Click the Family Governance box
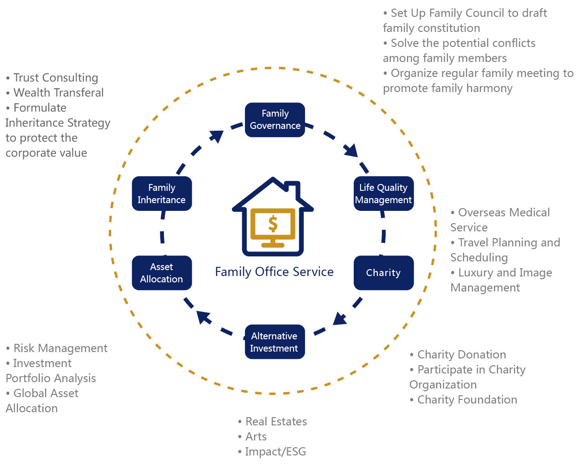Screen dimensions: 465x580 point(275,120)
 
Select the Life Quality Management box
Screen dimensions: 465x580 point(383,194)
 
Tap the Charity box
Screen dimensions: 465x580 point(383,273)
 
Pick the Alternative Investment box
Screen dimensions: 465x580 point(275,342)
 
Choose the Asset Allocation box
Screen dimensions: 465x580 point(162,273)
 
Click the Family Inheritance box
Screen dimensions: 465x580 point(162,194)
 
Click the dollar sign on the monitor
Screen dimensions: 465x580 point(273,224)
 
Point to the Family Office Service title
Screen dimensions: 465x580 point(274,272)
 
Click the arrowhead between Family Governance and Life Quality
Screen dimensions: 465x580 point(351,150)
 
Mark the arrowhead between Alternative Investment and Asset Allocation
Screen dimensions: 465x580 point(204,317)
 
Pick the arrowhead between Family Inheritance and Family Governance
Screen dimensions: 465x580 point(216,136)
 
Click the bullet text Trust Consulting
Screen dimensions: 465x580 point(56,78)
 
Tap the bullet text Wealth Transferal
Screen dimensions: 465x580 point(58,93)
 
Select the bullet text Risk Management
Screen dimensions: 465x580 point(60,348)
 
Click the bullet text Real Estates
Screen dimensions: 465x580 point(276,422)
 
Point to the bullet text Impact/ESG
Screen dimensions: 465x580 point(275,452)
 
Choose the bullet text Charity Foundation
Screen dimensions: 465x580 point(467,400)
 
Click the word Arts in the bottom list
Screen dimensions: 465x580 point(256,437)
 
